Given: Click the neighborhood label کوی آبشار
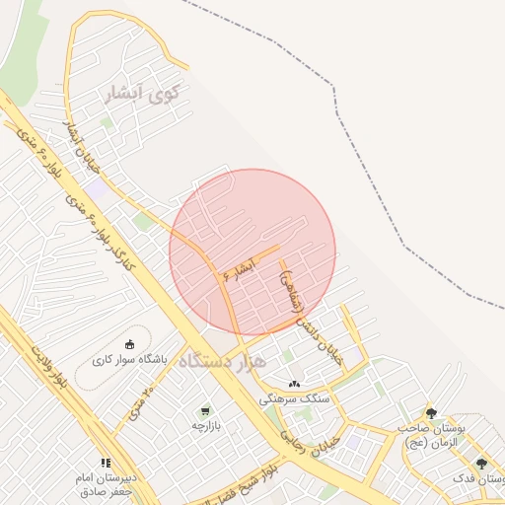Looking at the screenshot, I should point(144,95).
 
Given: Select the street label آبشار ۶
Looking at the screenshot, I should point(239,268).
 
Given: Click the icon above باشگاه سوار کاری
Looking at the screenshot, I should point(130,344).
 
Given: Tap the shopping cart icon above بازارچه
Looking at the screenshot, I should point(204,410).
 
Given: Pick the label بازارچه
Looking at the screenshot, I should point(204,426).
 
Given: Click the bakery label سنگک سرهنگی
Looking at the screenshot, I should point(294,399).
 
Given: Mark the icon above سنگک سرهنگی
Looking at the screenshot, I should point(294,384).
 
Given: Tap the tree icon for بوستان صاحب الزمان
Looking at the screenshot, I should point(431,413).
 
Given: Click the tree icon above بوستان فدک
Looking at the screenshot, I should point(481,464).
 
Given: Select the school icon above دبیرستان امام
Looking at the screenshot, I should point(105,462).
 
